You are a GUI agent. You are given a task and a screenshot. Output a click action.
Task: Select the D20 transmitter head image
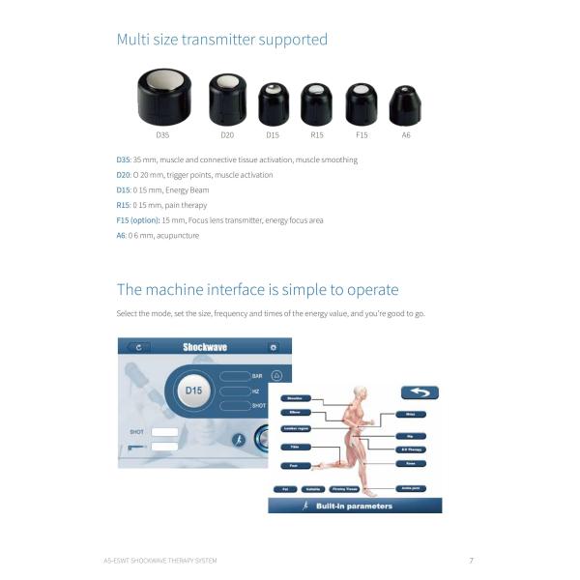(227, 99)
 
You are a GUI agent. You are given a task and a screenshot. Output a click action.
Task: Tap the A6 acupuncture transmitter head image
(405, 104)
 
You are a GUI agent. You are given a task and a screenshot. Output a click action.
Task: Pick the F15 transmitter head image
(362, 102)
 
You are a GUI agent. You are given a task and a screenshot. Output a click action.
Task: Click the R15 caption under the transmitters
(316, 134)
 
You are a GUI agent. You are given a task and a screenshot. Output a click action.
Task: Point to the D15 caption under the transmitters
(273, 134)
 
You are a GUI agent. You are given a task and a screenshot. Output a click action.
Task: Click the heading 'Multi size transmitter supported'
(221, 40)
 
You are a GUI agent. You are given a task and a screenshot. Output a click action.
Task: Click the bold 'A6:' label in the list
(122, 235)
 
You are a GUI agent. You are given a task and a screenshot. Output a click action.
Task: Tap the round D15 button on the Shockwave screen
(194, 391)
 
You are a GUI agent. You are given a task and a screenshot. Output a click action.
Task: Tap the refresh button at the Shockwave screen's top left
(141, 347)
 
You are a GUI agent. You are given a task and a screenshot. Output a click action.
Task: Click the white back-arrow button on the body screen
(420, 392)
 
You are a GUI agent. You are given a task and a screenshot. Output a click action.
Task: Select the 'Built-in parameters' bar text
(355, 506)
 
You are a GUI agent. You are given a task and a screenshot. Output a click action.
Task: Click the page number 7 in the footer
(471, 561)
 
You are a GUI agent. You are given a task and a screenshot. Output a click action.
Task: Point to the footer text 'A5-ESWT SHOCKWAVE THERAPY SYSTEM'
(160, 561)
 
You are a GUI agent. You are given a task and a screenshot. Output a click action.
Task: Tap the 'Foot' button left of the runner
(295, 465)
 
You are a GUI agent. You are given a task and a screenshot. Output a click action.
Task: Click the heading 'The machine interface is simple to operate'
(257, 290)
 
